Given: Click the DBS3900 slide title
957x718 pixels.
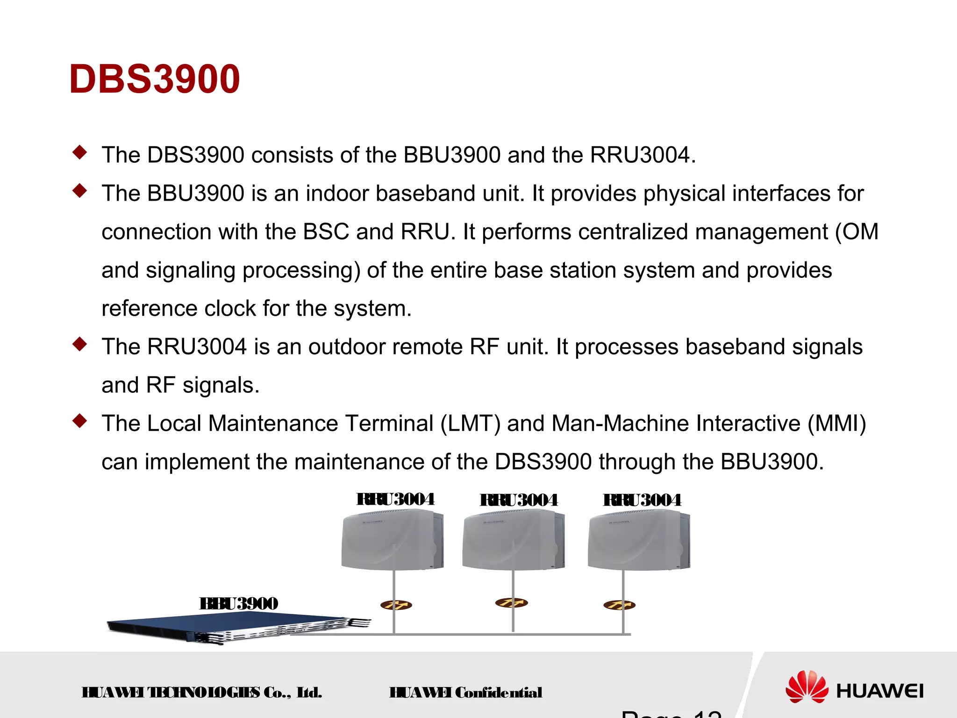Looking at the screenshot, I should [x=154, y=79].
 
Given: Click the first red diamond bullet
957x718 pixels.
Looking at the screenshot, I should [x=80, y=152].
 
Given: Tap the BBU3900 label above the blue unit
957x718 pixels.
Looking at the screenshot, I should [x=239, y=603].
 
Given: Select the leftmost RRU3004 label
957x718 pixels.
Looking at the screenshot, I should [x=395, y=499].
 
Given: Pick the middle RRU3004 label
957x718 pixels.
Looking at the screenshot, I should [x=519, y=500].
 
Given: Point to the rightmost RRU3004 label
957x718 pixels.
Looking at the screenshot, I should [x=642, y=500].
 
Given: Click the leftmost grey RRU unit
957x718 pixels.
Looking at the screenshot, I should [x=392, y=540].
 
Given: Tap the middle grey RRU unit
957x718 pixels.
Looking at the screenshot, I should [x=513, y=540].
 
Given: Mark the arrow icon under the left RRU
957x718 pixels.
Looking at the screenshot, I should [x=396, y=605].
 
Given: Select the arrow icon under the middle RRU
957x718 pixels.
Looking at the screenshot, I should [x=511, y=603].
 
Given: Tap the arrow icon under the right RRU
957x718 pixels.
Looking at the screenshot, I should [x=619, y=605].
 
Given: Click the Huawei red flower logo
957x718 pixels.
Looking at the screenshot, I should [x=807, y=687].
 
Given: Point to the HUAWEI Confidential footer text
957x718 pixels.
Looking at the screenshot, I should [x=466, y=692].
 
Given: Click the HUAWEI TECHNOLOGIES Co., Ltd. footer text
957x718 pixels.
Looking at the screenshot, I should [x=202, y=692].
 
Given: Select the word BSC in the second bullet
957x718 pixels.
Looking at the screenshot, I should [x=326, y=232].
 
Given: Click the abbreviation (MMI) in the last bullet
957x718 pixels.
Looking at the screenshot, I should [x=837, y=423].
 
